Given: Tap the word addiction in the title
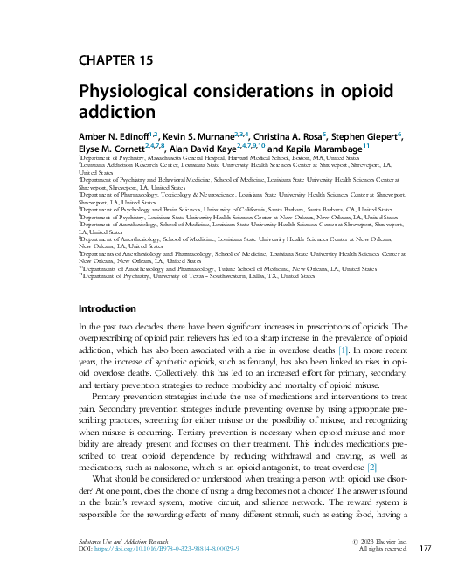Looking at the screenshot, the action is pos(117,114).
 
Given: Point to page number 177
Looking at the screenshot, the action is pos(426,548).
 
